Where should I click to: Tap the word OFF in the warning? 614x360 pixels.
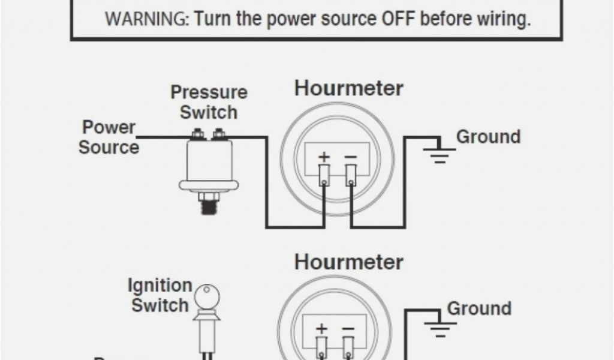coord(399,19)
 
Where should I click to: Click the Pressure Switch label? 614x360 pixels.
coord(209,102)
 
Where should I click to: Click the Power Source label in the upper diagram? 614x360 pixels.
coord(109,137)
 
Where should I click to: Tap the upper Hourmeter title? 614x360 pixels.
coord(348,89)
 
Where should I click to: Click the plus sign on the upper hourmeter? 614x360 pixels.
coord(324,158)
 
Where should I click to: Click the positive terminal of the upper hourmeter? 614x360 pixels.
coord(324,175)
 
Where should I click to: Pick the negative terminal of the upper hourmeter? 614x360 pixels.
coord(351,175)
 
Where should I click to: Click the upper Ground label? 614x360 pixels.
coord(488,137)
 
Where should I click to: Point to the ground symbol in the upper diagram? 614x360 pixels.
coord(440,154)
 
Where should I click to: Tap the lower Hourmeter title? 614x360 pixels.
coord(348,262)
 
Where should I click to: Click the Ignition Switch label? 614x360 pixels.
coord(160,295)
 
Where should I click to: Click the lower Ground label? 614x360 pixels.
coord(479,308)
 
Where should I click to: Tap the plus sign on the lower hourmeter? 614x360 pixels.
coord(323,329)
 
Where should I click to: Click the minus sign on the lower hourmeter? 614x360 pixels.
coord(348,329)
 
